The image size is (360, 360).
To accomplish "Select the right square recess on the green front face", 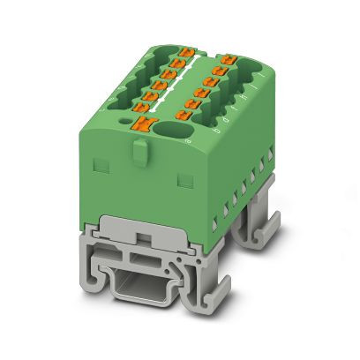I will [x=185, y=182].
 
